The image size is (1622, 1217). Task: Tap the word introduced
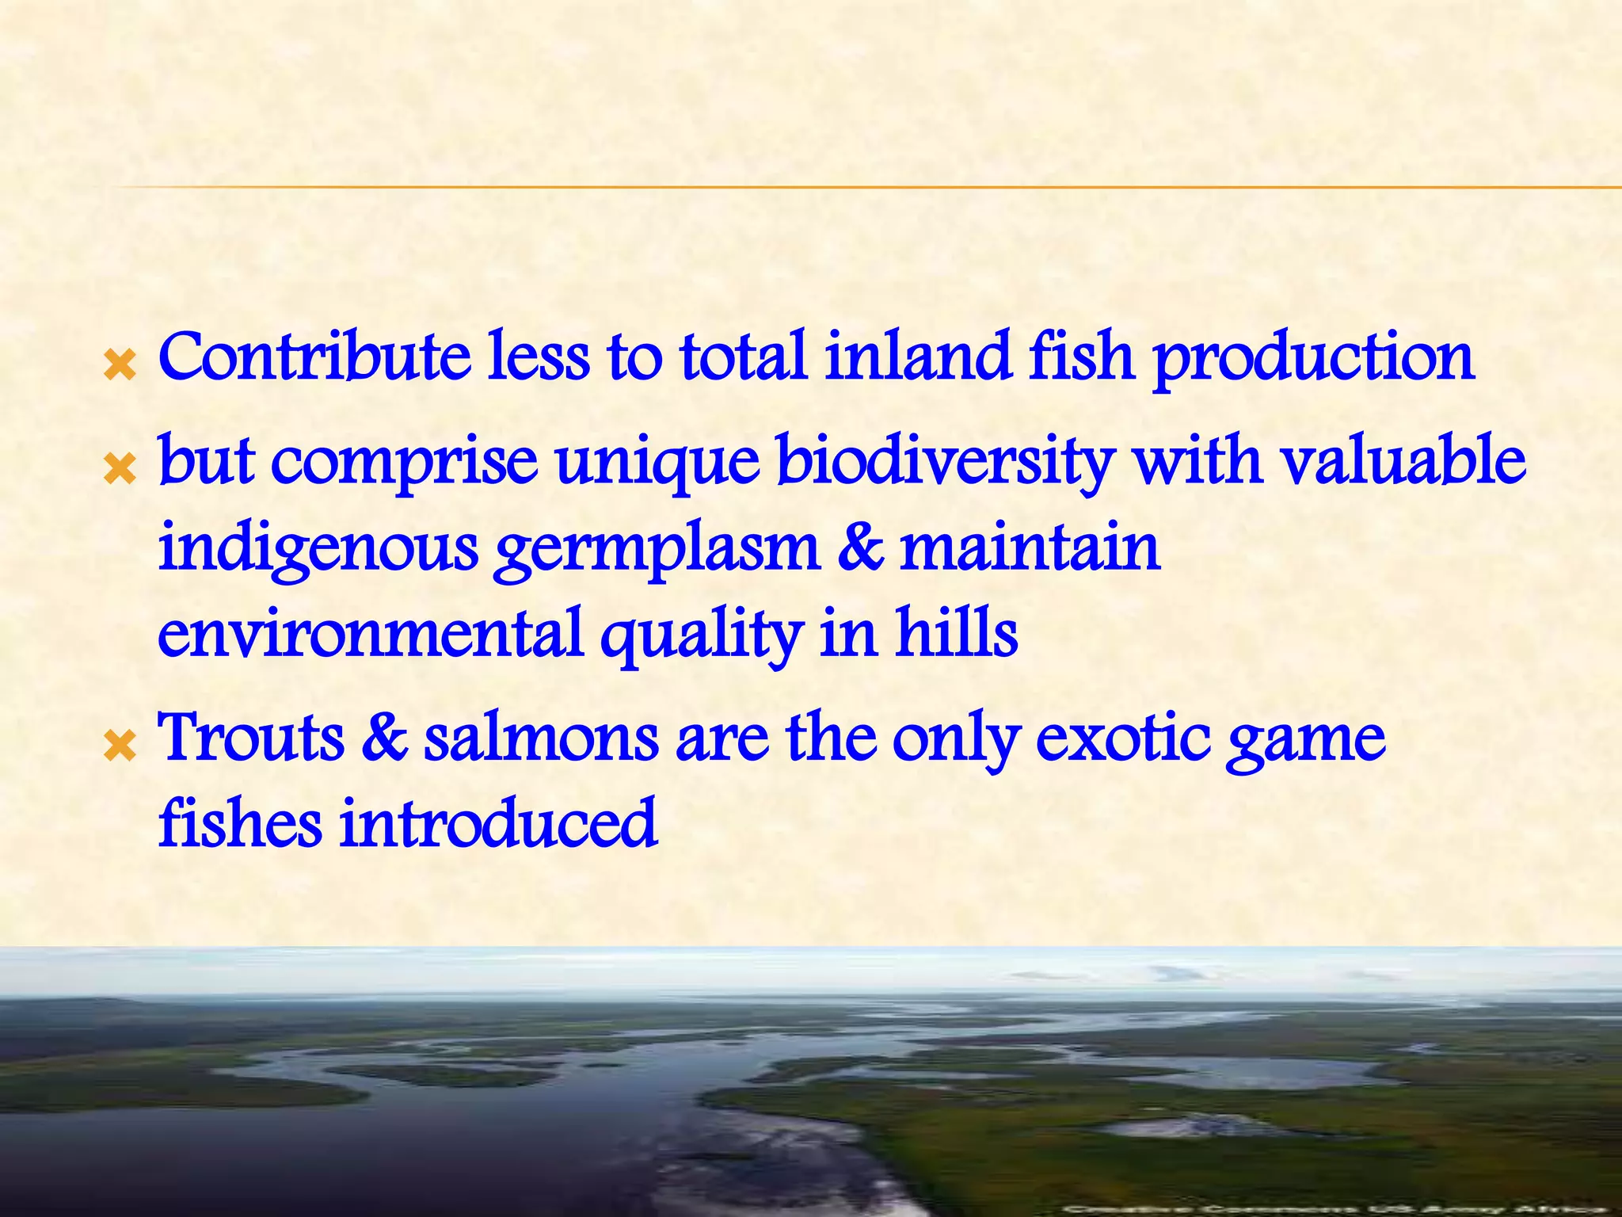498,824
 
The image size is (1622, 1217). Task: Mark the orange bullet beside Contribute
120,366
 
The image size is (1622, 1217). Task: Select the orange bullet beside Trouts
120,746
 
